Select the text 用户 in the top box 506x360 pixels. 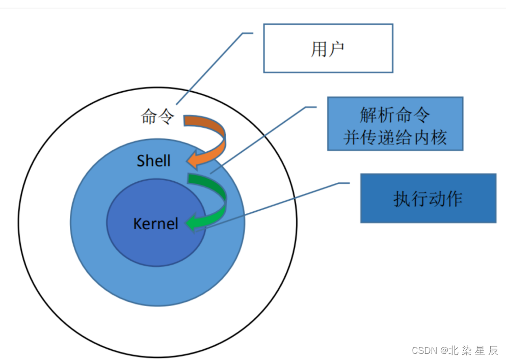pyautogui.click(x=327, y=49)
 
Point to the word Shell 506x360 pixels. pyautogui.click(x=153, y=161)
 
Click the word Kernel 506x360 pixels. pyautogui.click(x=155, y=224)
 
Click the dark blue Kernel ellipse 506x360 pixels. pyautogui.click(x=153, y=250)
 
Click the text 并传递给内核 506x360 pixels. pyautogui.click(x=395, y=137)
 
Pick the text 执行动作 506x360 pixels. pyautogui.click(x=428, y=199)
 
